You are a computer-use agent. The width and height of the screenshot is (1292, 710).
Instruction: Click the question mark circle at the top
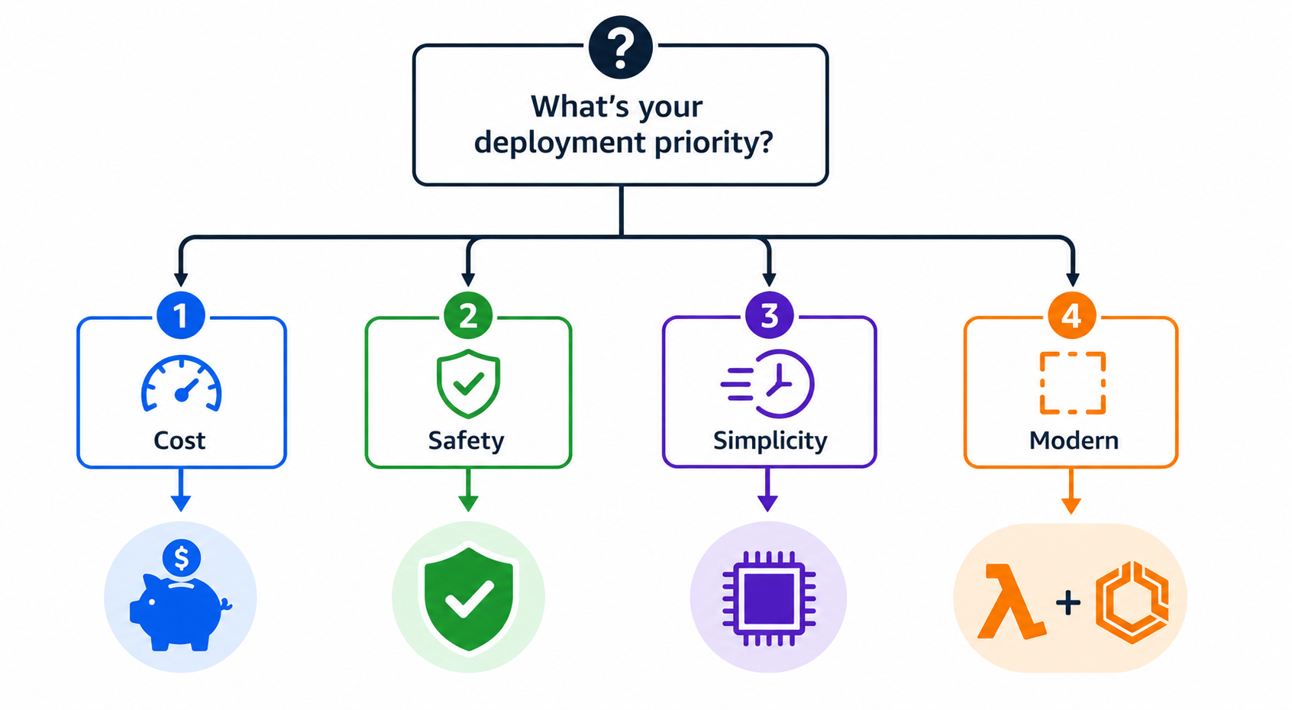click(621, 47)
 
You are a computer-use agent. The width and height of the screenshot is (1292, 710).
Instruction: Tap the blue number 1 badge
click(180, 315)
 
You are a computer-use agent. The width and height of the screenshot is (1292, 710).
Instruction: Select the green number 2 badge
click(468, 315)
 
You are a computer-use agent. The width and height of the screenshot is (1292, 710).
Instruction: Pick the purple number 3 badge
click(769, 315)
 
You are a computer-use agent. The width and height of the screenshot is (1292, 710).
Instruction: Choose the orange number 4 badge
click(1071, 315)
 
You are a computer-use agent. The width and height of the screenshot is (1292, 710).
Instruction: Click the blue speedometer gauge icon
click(182, 383)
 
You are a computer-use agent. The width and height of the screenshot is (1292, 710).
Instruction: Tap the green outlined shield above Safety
click(468, 383)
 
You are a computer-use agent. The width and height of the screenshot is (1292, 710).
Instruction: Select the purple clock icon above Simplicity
click(768, 383)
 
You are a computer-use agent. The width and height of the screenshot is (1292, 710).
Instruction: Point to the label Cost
click(179, 441)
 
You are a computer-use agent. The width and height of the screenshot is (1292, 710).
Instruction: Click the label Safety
click(466, 441)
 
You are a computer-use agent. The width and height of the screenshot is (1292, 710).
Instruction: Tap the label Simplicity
click(770, 441)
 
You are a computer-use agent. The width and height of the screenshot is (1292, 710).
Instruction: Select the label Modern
click(1074, 441)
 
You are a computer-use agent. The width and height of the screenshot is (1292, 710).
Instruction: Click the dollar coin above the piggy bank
click(181, 558)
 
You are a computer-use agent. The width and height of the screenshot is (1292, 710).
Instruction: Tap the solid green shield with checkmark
click(468, 599)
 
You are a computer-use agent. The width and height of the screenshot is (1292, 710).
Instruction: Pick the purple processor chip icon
click(769, 599)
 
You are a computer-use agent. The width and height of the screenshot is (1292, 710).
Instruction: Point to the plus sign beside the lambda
click(1068, 603)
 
